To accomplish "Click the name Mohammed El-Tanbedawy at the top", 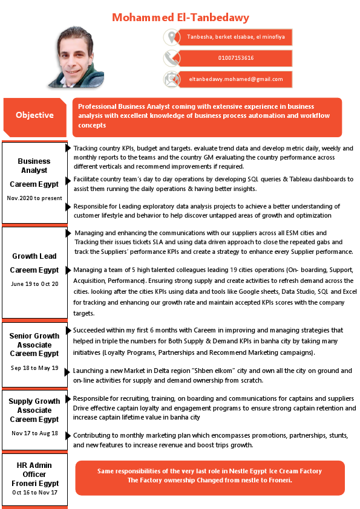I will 180,18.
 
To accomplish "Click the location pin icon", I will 172,37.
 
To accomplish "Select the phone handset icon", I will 172,58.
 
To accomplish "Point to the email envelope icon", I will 172,79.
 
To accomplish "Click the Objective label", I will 34,115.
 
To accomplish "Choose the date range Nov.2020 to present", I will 34,198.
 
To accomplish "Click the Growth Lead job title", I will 34,256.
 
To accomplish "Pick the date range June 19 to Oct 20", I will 34,284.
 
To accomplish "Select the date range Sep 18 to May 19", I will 34,368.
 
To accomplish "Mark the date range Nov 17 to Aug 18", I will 34,433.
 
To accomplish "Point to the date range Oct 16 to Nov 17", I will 34,493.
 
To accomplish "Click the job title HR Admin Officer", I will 34,470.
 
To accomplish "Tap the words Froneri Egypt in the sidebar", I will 34,483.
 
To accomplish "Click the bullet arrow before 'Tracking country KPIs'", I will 68,148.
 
